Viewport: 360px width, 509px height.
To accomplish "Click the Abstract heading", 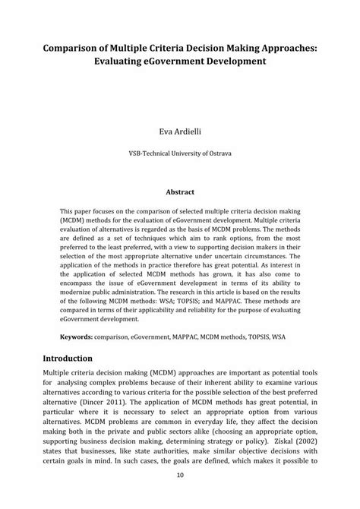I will pos(180,192).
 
